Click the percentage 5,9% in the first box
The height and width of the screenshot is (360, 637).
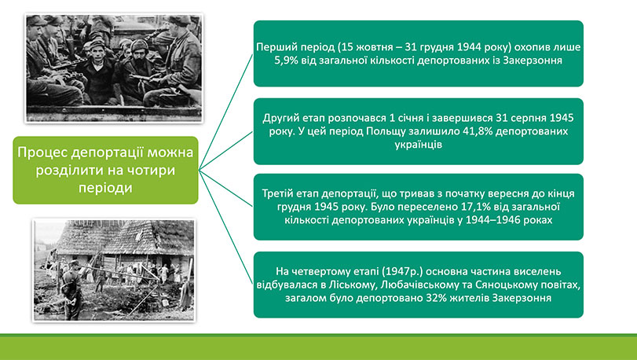tap(283, 60)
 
